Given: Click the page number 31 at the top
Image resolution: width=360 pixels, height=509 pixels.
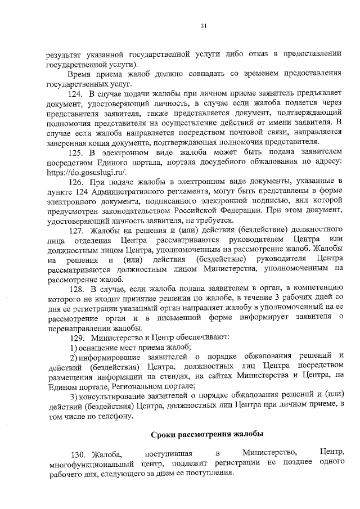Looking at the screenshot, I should click(203, 25).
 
